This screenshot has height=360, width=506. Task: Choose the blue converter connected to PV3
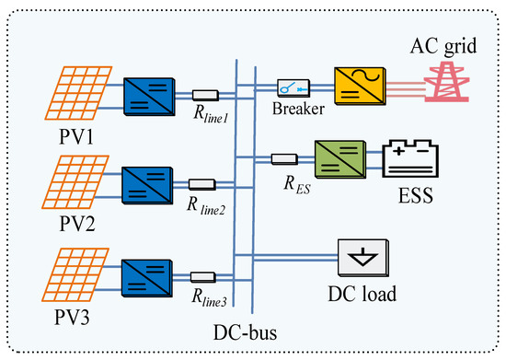tap(149, 275)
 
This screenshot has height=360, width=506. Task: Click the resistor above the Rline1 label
tap(205, 95)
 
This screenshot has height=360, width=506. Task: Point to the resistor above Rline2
tap(201, 184)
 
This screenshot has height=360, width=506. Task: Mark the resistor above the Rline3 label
tap(203, 275)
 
